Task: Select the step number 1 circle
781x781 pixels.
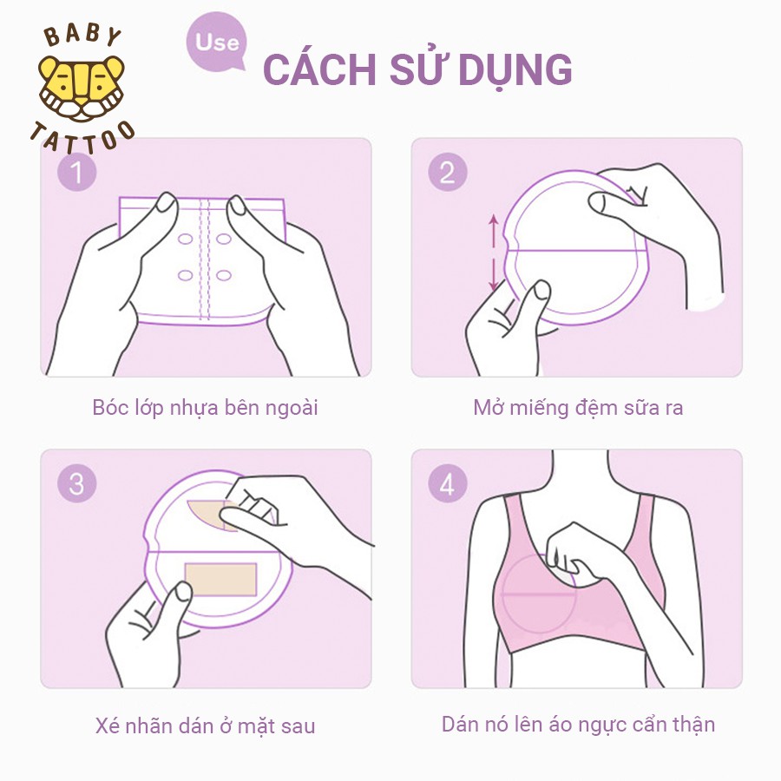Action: coord(76,172)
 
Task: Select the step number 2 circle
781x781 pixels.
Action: coord(447,172)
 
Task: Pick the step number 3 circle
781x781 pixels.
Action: coord(76,483)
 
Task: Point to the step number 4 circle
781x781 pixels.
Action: coord(447,483)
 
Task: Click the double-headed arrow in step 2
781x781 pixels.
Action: coord(494,253)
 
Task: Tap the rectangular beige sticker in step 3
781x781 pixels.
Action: coord(220,579)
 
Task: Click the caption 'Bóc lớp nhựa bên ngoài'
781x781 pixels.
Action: coord(205,407)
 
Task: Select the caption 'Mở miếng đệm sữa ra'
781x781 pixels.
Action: coord(578,407)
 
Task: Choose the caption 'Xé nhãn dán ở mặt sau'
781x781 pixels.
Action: coord(205,725)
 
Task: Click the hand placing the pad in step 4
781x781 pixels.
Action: coord(590,555)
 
